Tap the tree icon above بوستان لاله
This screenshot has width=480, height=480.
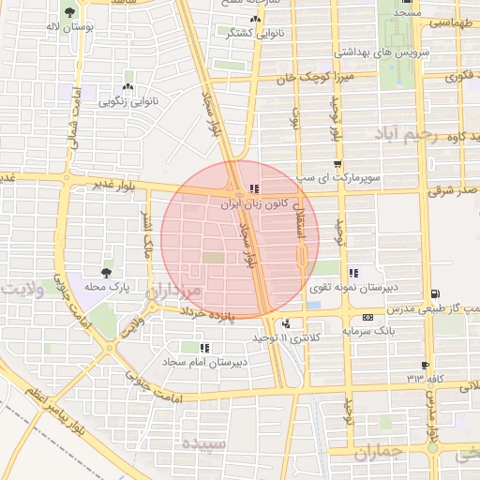pos(71,13)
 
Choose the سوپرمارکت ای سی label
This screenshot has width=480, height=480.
pos(337,176)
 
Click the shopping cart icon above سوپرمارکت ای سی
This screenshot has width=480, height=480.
pos(337,163)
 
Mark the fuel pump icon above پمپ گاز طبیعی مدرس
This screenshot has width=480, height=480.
pos(434,294)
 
